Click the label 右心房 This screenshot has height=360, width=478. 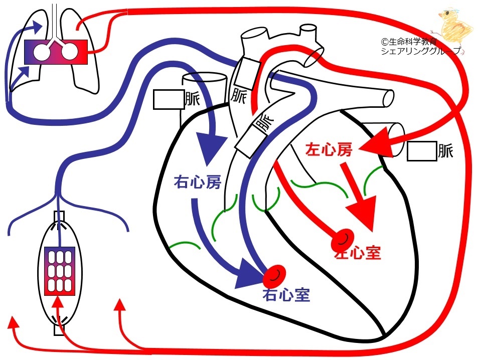point(197,183)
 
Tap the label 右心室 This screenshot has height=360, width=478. point(286,294)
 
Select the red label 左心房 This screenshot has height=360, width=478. point(329,149)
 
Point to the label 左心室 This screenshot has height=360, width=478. point(358,252)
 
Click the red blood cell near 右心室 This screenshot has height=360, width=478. point(274,274)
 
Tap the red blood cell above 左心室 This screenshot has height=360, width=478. point(343,239)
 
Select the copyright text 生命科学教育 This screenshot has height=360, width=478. point(409,42)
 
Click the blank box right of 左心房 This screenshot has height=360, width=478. point(422,151)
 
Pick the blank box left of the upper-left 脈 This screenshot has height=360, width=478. point(169,99)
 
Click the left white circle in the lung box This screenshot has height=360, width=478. point(42,52)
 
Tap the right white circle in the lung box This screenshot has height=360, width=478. point(70,52)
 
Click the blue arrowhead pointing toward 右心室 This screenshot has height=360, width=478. point(250,274)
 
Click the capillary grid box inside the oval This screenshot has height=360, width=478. point(60,271)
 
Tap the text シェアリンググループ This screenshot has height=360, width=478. point(421,51)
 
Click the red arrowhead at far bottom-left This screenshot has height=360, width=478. point(13,322)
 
